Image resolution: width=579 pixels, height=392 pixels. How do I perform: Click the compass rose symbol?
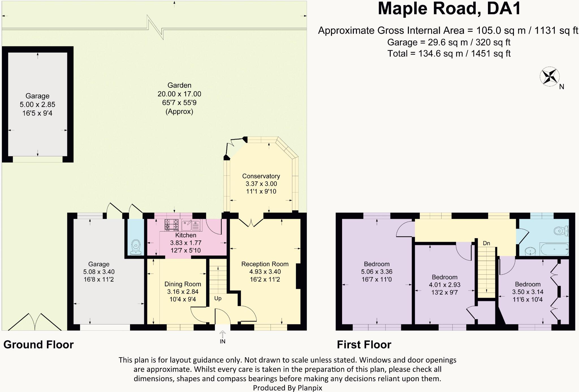[550, 76]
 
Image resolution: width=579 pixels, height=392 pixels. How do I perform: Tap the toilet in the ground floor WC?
[136, 247]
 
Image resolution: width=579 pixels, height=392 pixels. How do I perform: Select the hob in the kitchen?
[172, 224]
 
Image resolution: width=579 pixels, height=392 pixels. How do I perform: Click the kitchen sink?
[191, 225]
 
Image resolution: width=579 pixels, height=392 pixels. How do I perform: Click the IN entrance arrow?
[222, 334]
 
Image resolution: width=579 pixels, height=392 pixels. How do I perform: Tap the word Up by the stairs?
[218, 298]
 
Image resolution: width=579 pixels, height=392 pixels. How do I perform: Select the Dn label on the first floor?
[486, 243]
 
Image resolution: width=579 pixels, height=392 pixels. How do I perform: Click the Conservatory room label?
[261, 176]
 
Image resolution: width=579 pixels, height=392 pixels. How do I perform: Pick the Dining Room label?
[183, 284]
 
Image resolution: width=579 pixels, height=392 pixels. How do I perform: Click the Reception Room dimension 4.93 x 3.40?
[265, 272]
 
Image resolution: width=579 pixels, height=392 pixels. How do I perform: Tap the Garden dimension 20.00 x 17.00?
[179, 94]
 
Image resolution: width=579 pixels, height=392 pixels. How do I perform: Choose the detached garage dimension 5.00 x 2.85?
[37, 105]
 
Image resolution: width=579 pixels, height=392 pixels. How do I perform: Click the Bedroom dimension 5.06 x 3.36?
[377, 272]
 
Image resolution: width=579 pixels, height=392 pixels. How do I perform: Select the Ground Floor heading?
[38, 345]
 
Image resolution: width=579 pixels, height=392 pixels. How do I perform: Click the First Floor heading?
[364, 345]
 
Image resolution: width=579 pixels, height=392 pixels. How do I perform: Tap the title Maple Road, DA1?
[449, 9]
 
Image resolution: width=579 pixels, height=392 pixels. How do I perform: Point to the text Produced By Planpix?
[287, 388]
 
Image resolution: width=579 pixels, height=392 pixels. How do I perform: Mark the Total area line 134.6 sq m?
[449, 53]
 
